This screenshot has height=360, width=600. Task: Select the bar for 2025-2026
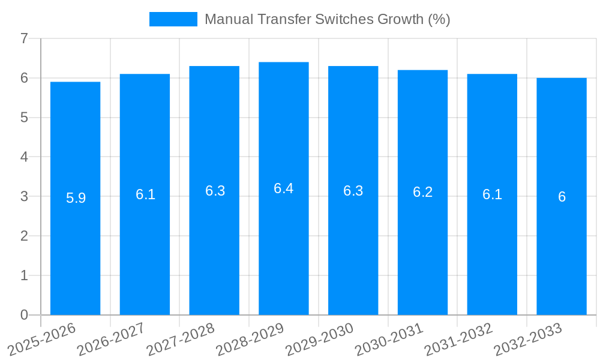(x=75, y=252)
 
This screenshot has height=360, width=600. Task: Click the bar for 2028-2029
(x=284, y=252)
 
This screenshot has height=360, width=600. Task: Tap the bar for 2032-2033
(x=562, y=252)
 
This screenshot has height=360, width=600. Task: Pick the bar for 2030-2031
(x=422, y=252)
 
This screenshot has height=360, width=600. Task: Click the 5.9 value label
(x=76, y=198)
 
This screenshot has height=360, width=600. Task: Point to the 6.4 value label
(x=284, y=188)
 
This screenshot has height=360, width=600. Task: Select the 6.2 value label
(x=422, y=192)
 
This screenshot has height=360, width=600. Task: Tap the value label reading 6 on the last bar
(x=562, y=197)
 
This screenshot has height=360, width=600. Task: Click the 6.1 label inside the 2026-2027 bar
(x=145, y=194)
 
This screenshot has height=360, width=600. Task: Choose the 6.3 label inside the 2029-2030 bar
(x=353, y=191)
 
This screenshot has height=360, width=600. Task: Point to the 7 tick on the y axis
(x=24, y=38)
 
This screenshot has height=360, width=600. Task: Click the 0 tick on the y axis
(x=24, y=315)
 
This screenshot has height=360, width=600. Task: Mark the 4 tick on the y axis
(x=24, y=157)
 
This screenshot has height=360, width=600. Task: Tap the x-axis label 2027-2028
(x=181, y=339)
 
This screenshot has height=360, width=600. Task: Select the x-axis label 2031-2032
(x=459, y=339)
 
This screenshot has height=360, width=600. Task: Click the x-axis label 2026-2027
(x=111, y=339)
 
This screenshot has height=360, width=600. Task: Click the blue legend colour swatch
(x=173, y=19)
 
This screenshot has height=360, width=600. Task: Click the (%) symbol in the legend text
(x=439, y=19)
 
